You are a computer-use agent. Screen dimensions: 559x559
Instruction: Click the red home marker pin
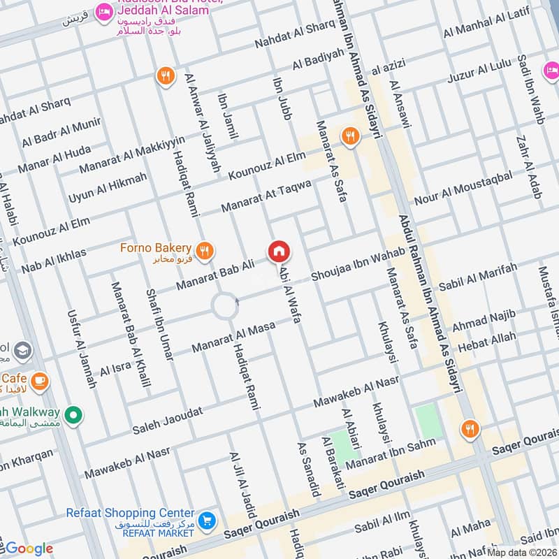279,251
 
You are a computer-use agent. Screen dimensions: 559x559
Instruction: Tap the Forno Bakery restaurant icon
204,252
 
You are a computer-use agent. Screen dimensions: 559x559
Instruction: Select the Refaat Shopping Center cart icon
206,521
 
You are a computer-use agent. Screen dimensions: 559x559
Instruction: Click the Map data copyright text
522,552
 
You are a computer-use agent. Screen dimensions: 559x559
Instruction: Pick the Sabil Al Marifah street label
479,277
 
